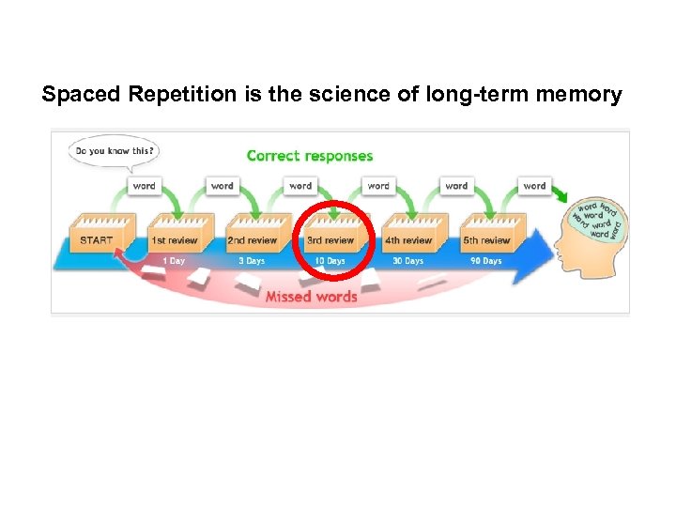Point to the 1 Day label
(x=174, y=261)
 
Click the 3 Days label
(x=252, y=261)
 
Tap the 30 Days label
(x=407, y=261)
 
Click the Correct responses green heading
(x=309, y=156)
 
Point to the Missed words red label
(x=311, y=297)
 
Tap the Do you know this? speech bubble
(x=113, y=151)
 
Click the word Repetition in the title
(x=169, y=95)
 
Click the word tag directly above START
(x=144, y=186)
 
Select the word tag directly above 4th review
(x=378, y=186)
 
